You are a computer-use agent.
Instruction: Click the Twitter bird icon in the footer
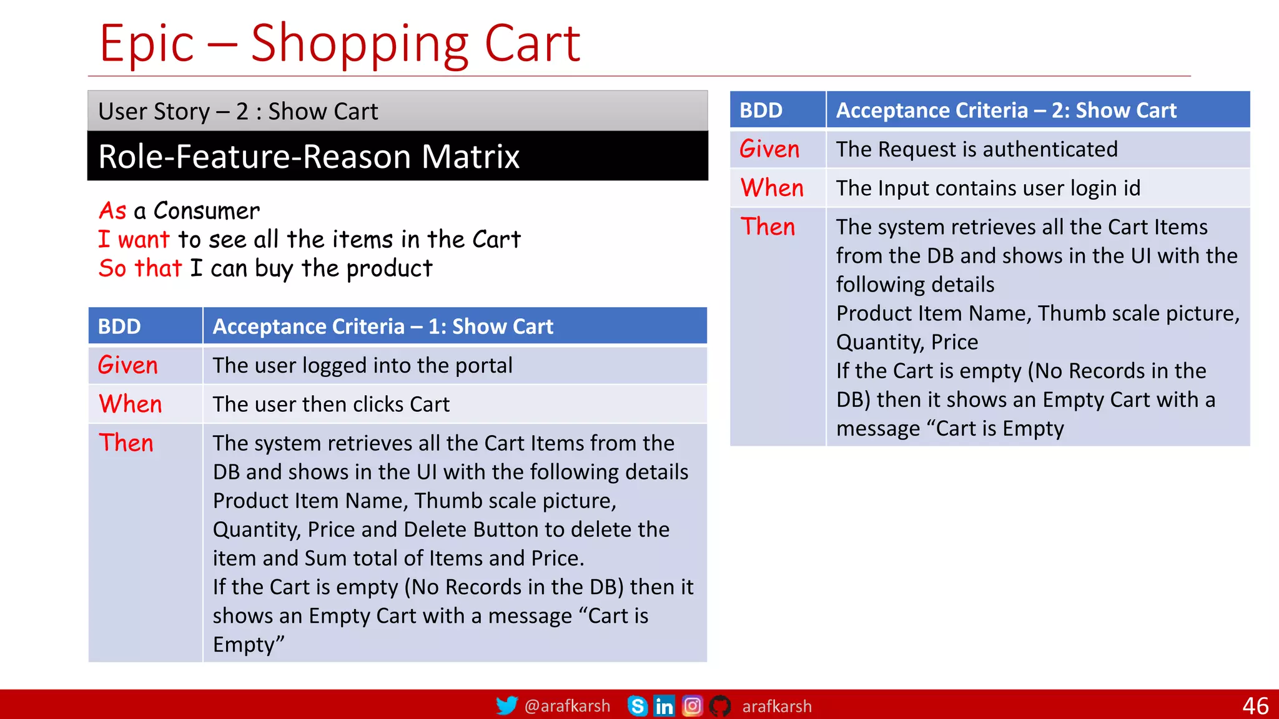click(506, 706)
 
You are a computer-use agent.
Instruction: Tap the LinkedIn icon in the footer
click(664, 706)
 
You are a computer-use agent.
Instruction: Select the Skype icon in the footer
click(637, 706)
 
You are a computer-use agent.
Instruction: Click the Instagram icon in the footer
click(692, 706)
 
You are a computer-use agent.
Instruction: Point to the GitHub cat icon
click(720, 706)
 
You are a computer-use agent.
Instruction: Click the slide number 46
click(1255, 706)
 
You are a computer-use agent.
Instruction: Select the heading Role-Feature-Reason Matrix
click(309, 157)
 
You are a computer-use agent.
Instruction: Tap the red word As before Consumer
click(113, 211)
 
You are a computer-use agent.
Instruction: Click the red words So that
click(141, 268)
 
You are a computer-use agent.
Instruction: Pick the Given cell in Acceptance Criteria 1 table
click(128, 365)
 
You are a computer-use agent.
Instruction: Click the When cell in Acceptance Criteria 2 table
click(772, 188)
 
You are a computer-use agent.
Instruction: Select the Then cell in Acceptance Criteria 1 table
click(126, 443)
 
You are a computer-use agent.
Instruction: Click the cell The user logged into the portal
click(362, 365)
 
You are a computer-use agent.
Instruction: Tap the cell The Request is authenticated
click(977, 149)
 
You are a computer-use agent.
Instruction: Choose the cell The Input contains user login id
click(988, 188)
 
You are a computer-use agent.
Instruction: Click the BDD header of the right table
click(761, 110)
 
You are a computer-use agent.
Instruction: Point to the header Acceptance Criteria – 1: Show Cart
click(383, 326)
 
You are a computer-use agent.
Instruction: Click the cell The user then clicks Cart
click(331, 404)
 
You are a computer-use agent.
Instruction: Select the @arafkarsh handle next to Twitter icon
click(567, 706)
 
